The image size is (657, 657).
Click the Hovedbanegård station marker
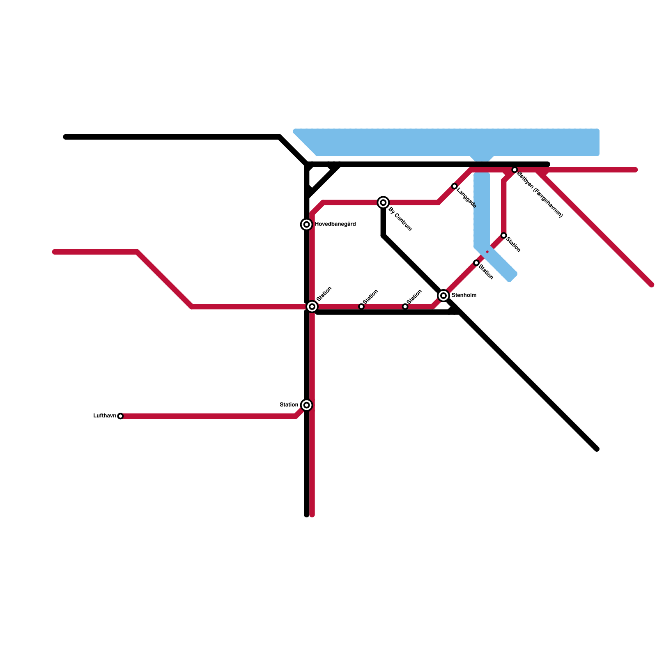(x=306, y=225)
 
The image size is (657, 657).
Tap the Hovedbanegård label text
(x=335, y=224)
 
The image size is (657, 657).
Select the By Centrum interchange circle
(x=383, y=202)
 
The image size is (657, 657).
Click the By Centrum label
(x=400, y=219)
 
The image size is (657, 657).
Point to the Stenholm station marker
(x=443, y=296)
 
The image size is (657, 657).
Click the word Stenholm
(x=464, y=295)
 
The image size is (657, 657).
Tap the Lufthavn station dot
(x=120, y=416)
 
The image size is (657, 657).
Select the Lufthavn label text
(x=105, y=416)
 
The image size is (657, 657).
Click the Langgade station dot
(x=454, y=186)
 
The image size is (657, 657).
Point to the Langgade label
(x=466, y=198)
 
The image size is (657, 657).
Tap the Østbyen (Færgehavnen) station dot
(x=515, y=170)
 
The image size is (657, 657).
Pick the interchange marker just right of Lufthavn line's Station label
(x=306, y=405)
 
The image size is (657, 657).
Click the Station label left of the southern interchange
(x=289, y=405)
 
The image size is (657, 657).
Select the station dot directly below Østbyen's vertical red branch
(x=504, y=236)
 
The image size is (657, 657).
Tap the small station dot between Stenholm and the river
(x=476, y=263)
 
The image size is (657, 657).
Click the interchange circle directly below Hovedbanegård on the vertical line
(x=312, y=306)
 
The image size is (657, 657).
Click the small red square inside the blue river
(x=487, y=252)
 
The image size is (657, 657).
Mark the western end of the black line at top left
(x=66, y=137)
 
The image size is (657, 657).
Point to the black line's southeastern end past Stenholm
(x=597, y=449)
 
